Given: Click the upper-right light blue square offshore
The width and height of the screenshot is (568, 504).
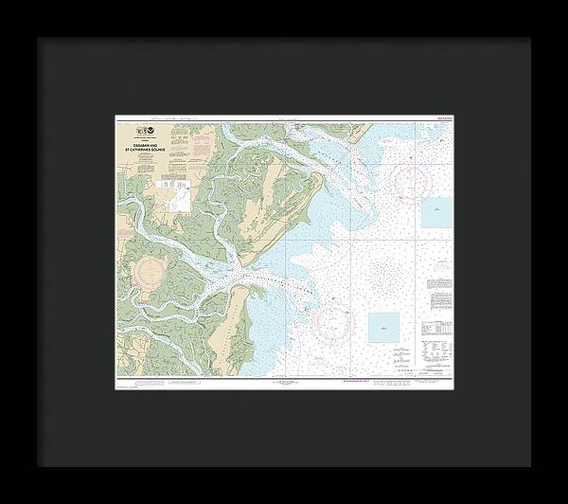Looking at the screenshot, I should click(436, 212).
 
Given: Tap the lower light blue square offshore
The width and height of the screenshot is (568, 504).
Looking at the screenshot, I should click(383, 328).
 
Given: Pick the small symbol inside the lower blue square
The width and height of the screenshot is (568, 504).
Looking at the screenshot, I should click(383, 328).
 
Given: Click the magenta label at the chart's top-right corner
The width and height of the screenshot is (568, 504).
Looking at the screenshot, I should click(447, 117).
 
